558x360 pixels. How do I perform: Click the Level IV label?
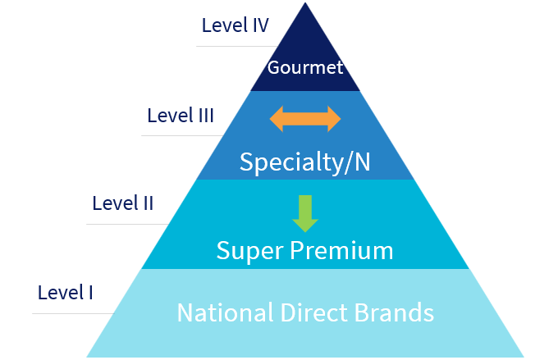[x=236, y=25]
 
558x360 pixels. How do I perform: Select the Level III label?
[x=181, y=116]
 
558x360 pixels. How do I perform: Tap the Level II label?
[x=123, y=203]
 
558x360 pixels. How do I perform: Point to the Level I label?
[x=66, y=292]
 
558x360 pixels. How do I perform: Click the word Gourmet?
[x=305, y=67]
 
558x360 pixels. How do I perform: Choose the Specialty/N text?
[x=305, y=162]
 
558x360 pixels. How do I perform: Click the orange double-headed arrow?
[x=305, y=118]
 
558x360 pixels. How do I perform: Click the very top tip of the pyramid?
[x=305, y=4]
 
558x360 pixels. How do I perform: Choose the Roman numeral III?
[x=205, y=116]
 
